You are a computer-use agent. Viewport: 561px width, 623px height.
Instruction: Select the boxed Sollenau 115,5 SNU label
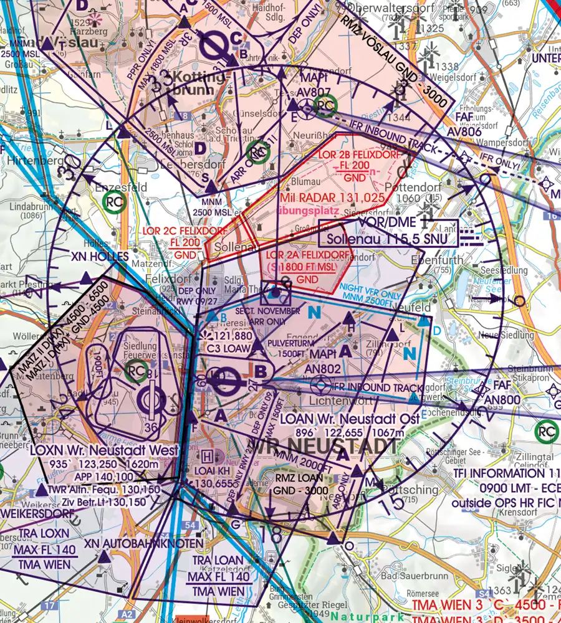[x=387, y=238]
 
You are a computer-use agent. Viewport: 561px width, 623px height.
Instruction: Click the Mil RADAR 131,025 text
[x=332, y=197]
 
